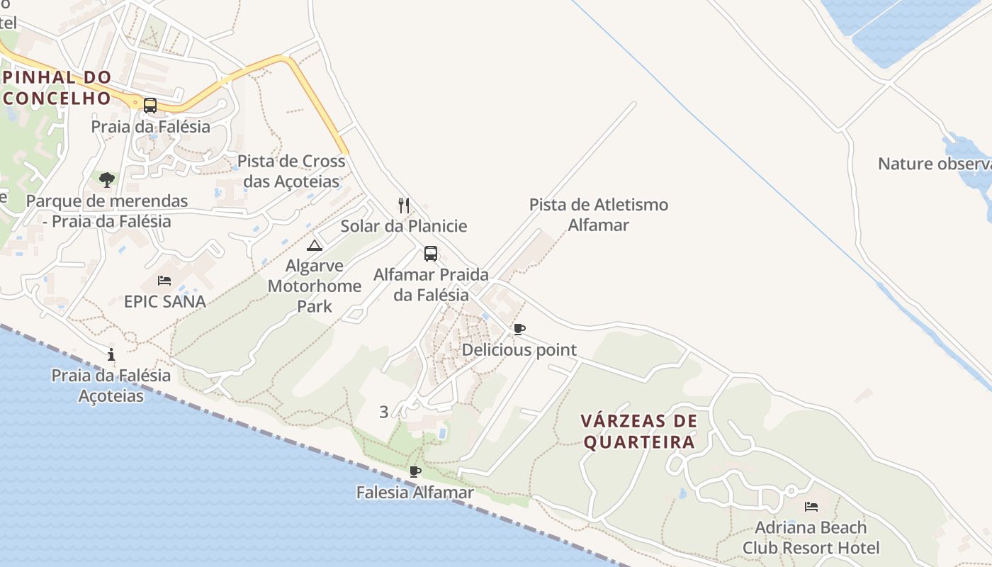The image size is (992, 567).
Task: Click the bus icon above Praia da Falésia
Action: click(150, 106)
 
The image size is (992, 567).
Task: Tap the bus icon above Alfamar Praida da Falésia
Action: click(431, 253)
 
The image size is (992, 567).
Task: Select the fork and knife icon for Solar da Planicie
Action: click(404, 206)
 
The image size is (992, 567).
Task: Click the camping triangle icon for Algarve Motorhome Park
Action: click(315, 245)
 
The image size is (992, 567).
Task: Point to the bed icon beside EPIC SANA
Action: click(164, 281)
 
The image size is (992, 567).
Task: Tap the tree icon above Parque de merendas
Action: click(107, 179)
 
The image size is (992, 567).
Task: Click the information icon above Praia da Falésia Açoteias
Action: click(111, 354)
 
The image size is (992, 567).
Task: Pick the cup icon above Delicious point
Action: click(519, 329)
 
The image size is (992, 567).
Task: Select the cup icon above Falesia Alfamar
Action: click(415, 471)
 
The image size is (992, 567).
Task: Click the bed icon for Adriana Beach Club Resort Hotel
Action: click(811, 507)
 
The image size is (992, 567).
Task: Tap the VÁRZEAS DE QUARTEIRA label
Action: click(638, 432)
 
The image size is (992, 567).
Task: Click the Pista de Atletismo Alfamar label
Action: click(599, 215)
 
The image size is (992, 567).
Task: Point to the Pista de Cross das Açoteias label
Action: click(291, 171)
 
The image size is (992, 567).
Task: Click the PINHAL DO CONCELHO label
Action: click(57, 87)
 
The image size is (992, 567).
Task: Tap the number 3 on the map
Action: click(384, 412)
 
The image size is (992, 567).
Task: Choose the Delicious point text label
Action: click(519, 350)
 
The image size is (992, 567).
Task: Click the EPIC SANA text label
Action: click(165, 301)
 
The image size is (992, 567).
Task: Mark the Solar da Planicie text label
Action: click(404, 226)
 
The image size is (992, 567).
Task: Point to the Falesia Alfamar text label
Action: click(415, 492)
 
